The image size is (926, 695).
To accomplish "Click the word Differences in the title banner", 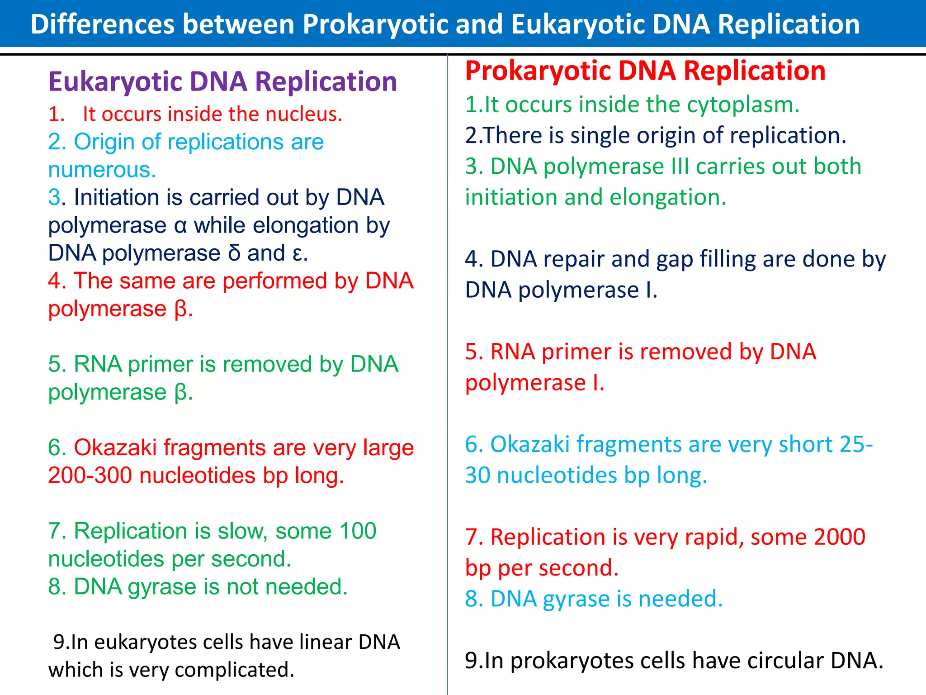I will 102,24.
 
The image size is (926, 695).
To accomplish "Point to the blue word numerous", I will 102,170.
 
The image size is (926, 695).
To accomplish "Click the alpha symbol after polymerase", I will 180,226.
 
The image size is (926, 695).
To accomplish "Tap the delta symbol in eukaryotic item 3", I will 234,253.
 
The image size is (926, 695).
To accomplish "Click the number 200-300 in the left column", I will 90,476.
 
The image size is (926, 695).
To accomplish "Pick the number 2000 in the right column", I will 839,537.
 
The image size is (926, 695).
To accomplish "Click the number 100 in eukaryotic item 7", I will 357,531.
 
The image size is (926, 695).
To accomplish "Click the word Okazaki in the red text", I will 115,447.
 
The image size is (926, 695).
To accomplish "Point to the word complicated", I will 234,670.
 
